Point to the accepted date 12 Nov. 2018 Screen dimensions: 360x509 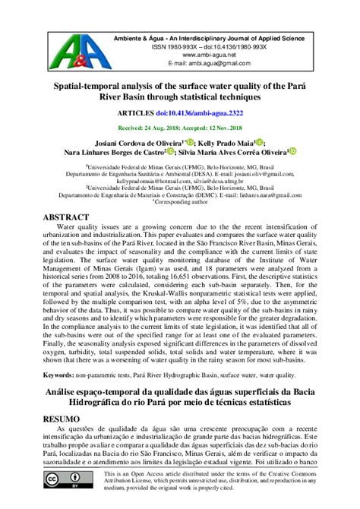(229, 128)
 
